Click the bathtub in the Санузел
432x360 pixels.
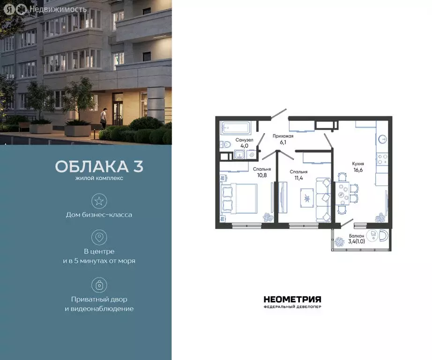click(x=236, y=127)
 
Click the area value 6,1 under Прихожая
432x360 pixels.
click(x=283, y=142)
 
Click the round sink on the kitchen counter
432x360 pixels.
click(x=382, y=139)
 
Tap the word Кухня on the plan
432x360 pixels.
click(x=358, y=164)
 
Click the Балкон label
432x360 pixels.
click(x=356, y=236)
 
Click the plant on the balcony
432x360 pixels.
click(x=339, y=242)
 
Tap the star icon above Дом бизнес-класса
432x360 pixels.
click(x=99, y=201)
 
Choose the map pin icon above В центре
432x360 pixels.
click(x=99, y=237)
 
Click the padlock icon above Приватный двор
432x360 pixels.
click(x=99, y=285)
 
